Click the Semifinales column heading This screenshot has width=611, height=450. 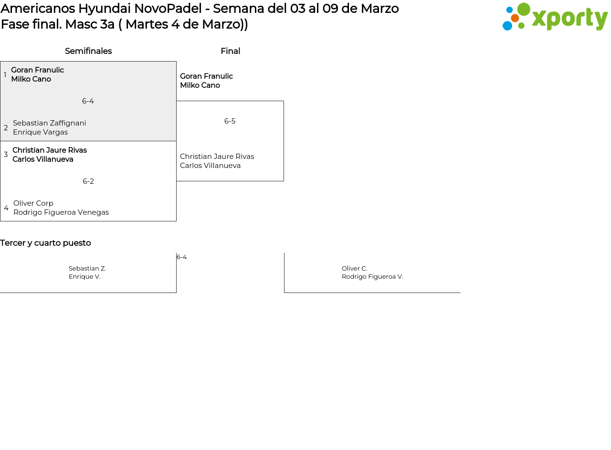tap(88, 51)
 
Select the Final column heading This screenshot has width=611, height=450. tap(231, 51)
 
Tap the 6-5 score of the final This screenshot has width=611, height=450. tap(230, 121)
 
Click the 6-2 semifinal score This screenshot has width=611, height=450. tap(88, 181)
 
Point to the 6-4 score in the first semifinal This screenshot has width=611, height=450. tap(88, 101)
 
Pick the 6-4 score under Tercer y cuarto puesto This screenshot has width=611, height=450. tap(182, 257)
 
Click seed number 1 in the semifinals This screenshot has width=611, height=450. tap(5, 75)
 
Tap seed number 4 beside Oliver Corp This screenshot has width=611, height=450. tap(6, 208)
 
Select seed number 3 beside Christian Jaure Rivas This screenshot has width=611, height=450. tap(6, 154)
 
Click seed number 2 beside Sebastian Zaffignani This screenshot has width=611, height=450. tap(6, 127)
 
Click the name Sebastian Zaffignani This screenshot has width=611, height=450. tap(49, 123)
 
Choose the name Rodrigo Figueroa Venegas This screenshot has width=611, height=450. tap(61, 212)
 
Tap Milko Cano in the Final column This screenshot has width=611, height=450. tap(200, 85)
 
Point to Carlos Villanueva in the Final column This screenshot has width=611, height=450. tap(211, 166)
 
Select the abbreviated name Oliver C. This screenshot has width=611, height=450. tap(354, 268)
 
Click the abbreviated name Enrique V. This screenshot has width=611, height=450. tap(84, 277)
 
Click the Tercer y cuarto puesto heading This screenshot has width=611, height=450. tap(45, 243)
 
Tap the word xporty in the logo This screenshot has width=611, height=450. tap(570, 19)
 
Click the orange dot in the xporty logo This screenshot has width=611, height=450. tap(515, 18)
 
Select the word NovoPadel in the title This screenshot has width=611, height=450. tap(168, 9)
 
